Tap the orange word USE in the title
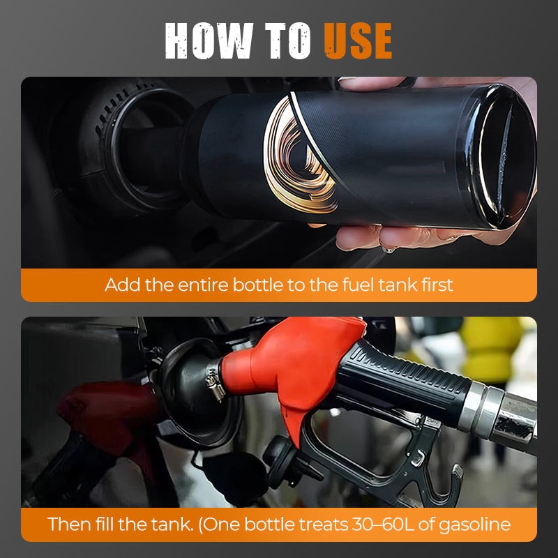(x=358, y=41)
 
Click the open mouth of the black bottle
(x=507, y=157)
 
